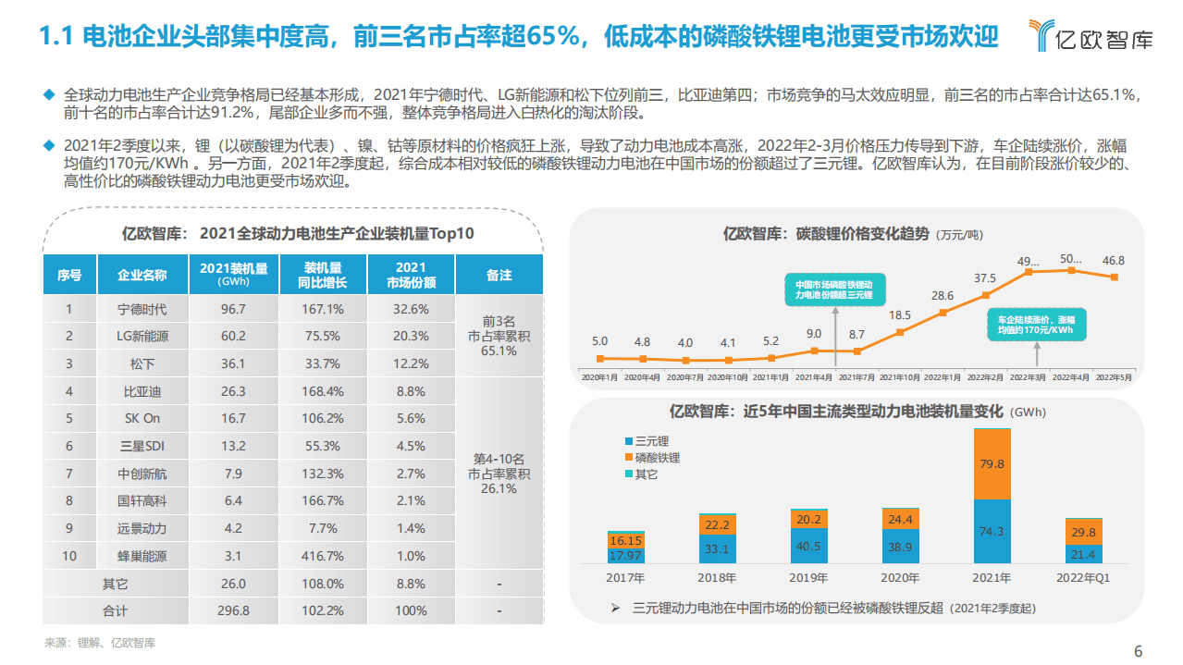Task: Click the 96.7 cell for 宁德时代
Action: (x=233, y=309)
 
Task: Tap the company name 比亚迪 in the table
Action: (x=142, y=391)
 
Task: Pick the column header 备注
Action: (x=499, y=275)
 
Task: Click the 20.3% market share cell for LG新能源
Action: (x=412, y=336)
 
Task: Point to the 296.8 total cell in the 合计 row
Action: (x=233, y=610)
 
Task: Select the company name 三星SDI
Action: (x=142, y=446)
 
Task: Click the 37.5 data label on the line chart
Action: (x=985, y=278)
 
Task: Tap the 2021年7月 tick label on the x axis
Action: (x=857, y=377)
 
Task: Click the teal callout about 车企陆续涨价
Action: (x=1035, y=325)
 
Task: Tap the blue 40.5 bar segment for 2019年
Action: (x=809, y=546)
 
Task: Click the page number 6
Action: (x=1139, y=650)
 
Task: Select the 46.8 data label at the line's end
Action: (x=1114, y=261)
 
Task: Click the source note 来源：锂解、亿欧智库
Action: (x=100, y=643)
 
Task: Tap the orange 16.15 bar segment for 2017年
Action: (x=626, y=540)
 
